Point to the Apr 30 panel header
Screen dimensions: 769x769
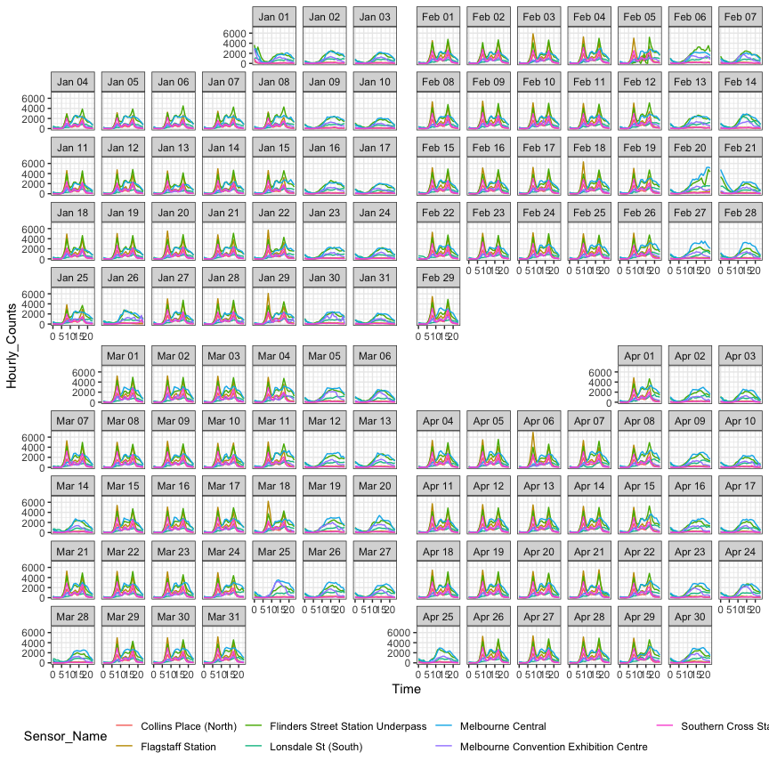690,616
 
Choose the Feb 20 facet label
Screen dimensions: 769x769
690,148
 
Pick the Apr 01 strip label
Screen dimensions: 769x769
640,356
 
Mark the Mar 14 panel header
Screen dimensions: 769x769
72,486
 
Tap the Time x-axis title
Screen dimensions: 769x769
406,689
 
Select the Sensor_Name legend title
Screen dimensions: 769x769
65,736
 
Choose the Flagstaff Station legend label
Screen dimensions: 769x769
178,747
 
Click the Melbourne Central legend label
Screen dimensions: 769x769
503,726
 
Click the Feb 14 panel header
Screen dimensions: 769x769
741,82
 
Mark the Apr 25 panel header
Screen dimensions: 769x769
439,616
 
